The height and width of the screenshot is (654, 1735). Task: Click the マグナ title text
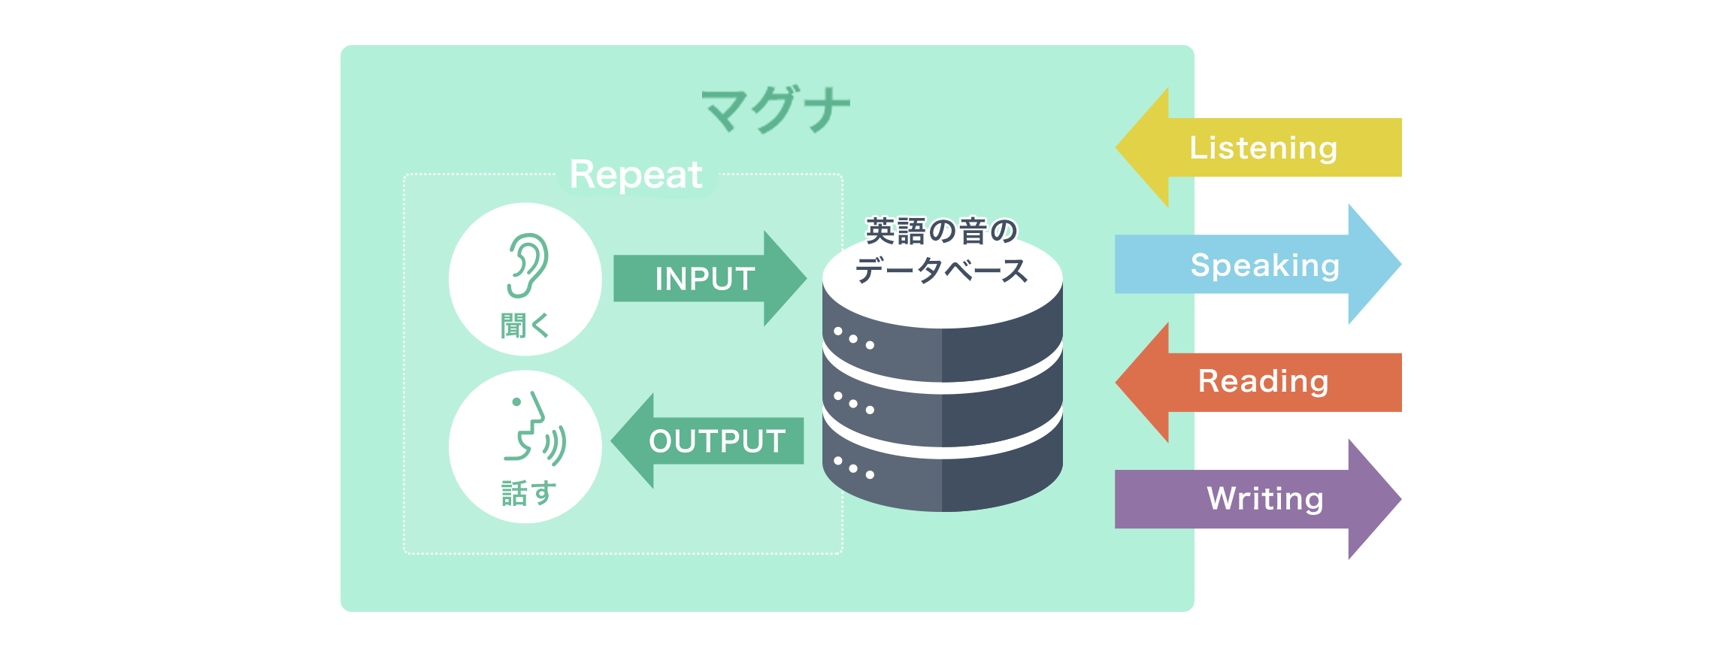(x=776, y=111)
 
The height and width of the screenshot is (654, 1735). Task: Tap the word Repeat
(x=636, y=176)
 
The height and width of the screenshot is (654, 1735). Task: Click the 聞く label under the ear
(x=525, y=326)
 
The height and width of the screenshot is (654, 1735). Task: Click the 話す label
(x=528, y=493)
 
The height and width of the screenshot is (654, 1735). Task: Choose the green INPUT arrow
(x=710, y=279)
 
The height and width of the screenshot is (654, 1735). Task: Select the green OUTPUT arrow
(x=707, y=441)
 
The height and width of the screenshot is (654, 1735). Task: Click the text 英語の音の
(x=941, y=231)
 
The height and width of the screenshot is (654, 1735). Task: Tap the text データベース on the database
(x=941, y=270)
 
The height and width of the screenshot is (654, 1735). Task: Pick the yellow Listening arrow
(x=1258, y=147)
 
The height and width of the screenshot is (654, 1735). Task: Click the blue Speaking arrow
(x=1258, y=265)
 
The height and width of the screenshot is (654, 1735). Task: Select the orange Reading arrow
(x=1258, y=382)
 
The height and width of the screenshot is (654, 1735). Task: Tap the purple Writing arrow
(x=1258, y=499)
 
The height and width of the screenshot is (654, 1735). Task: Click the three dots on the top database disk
(x=854, y=338)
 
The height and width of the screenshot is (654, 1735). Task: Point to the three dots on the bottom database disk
(x=854, y=468)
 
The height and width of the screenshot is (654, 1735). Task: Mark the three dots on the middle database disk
(x=854, y=403)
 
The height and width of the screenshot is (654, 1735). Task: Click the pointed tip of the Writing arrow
(x=1401, y=499)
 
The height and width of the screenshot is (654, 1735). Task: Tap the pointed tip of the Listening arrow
(x=1116, y=147)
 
